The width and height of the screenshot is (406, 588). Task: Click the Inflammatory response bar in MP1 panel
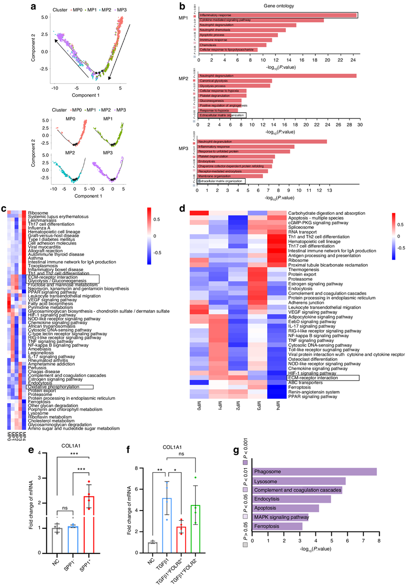[278, 15]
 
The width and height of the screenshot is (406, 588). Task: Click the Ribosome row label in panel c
[38, 213]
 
